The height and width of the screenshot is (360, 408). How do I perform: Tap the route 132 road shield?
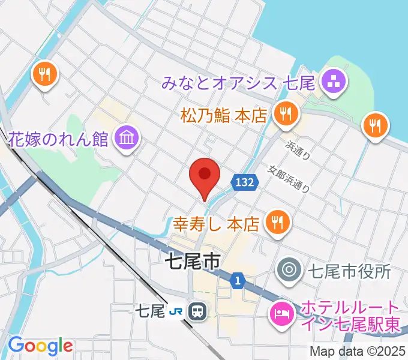point(244,182)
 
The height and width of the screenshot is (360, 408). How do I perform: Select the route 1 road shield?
point(238,280)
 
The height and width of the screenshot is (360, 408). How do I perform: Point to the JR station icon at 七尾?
point(196,311)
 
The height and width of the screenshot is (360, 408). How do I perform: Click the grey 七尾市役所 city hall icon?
point(289,271)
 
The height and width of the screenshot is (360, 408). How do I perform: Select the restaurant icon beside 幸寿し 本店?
point(277,222)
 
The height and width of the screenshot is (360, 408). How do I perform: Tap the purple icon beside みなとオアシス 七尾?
point(331,82)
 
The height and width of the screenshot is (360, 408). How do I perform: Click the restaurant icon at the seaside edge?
point(376,125)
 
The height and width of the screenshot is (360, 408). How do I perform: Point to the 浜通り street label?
point(298,149)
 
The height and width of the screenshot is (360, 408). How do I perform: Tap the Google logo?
point(40,346)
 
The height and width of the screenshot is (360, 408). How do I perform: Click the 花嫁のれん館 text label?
point(58,140)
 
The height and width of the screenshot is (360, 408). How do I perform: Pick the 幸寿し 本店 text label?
point(216,224)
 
